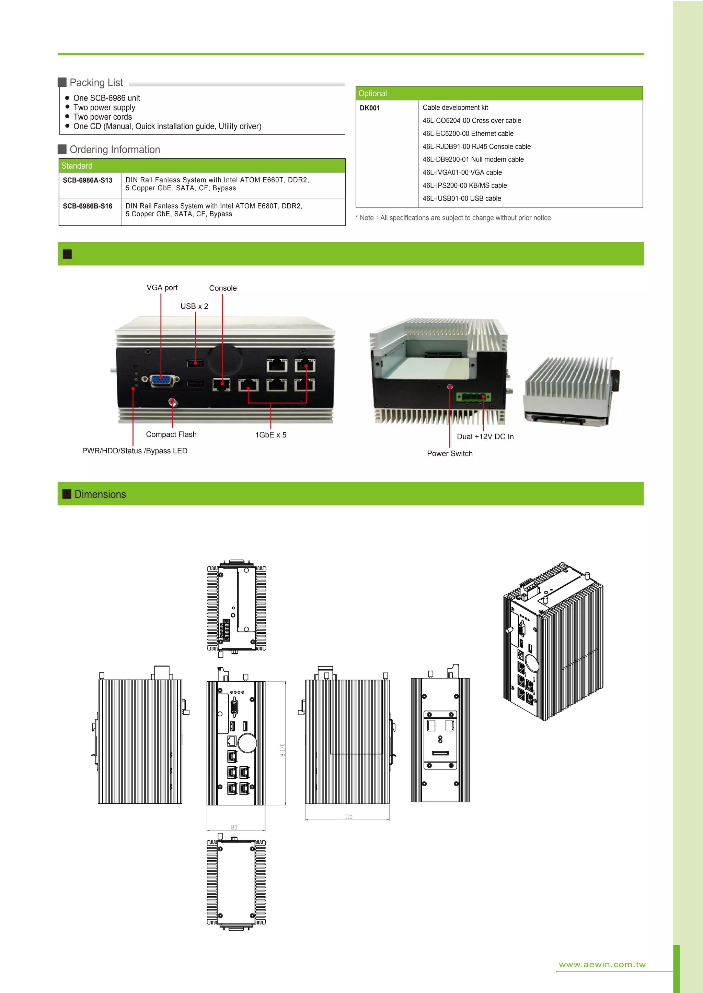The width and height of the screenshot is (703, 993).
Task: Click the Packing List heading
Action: (96, 83)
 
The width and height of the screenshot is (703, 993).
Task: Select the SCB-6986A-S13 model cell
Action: (88, 180)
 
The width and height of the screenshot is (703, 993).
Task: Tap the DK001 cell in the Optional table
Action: (370, 108)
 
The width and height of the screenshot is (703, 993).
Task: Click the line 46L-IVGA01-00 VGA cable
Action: (462, 172)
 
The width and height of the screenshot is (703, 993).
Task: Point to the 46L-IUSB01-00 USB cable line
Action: (461, 199)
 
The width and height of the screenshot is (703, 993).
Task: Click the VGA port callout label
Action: (162, 288)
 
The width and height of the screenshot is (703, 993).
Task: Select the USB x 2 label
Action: (194, 306)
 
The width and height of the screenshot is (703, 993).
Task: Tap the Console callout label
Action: (222, 288)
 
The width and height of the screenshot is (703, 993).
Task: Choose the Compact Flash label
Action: (171, 434)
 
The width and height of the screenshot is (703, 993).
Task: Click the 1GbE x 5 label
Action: (270, 435)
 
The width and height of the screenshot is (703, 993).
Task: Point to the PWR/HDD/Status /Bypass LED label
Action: (135, 451)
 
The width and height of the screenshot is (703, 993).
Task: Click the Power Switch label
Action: (449, 453)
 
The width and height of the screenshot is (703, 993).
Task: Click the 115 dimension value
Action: (348, 816)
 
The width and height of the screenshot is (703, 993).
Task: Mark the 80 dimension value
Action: (234, 827)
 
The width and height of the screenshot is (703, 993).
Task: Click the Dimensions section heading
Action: (100, 494)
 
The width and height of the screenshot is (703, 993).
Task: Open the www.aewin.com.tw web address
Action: (602, 964)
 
